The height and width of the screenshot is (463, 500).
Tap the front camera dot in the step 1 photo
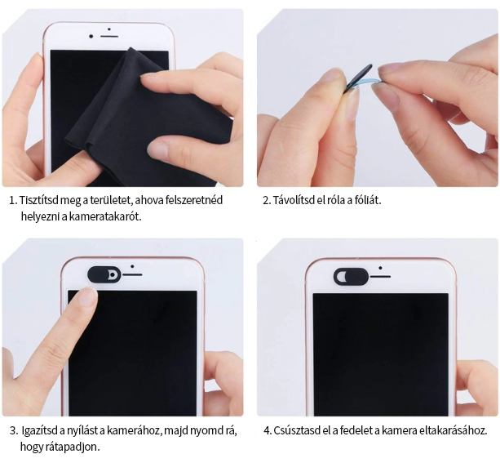click(x=91, y=37)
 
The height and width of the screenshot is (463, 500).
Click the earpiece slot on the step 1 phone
click(x=109, y=37)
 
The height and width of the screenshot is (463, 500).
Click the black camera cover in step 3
click(x=104, y=274)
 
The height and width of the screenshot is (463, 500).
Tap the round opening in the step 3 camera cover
click(x=113, y=274)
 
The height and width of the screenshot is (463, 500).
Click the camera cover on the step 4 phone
click(x=351, y=277)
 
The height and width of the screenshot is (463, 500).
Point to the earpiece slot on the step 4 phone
click(x=380, y=276)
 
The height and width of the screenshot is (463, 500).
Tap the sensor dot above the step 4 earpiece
click(x=380, y=268)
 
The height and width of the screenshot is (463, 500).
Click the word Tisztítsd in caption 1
click(x=39, y=200)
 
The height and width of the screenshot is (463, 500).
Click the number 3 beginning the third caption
click(x=13, y=431)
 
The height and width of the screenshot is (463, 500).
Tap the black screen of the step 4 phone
click(x=380, y=354)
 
